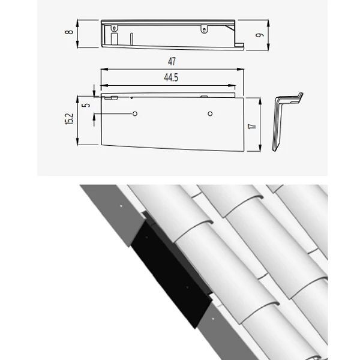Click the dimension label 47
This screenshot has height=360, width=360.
click(x=172, y=61)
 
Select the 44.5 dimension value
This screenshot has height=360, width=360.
click(x=171, y=77)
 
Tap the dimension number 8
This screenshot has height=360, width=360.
click(x=69, y=32)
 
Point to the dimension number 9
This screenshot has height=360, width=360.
click(x=260, y=35)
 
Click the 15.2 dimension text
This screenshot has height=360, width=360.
click(x=70, y=119)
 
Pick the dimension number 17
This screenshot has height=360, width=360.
click(x=252, y=126)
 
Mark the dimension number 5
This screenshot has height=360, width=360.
click(x=86, y=105)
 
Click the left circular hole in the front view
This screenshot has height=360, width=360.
click(x=135, y=113)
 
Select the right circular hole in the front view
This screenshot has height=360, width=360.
click(x=210, y=113)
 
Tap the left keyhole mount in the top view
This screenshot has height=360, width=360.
click(x=114, y=28)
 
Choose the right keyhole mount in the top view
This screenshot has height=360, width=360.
click(x=204, y=29)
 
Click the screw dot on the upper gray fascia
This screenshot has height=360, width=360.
click(x=121, y=206)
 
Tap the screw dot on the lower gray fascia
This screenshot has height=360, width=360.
click(x=213, y=319)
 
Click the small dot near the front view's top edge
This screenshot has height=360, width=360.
click(x=131, y=98)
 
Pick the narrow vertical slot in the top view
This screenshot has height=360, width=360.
click(x=131, y=38)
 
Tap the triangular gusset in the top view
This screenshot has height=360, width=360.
click(x=230, y=28)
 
